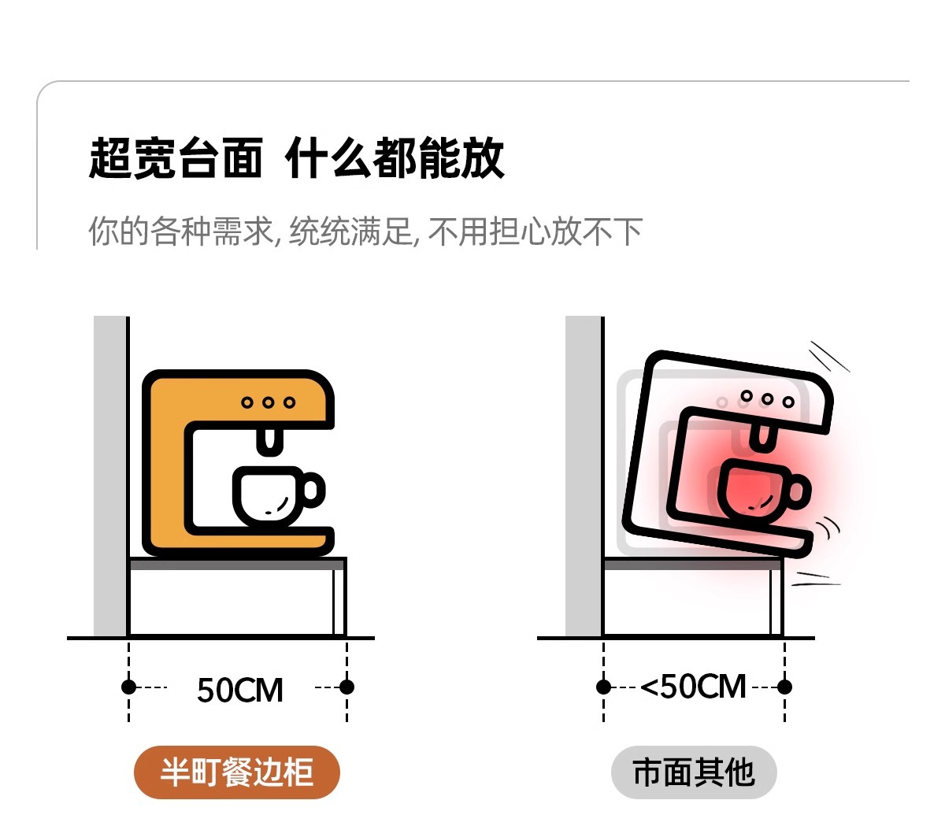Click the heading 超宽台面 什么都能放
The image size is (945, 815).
point(296,158)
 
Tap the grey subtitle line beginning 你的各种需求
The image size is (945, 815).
point(365,232)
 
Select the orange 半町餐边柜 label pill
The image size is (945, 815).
point(236,772)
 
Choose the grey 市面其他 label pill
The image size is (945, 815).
point(694,772)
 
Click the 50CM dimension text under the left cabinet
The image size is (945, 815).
point(239,690)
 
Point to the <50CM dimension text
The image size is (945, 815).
point(693,687)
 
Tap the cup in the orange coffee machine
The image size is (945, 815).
point(268,496)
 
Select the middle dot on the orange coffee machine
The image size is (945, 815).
point(269,402)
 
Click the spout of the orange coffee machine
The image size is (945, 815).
point(269,441)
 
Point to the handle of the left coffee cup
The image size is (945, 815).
point(313,490)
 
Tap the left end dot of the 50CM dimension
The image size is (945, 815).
point(129,687)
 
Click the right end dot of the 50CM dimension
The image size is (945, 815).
point(346,687)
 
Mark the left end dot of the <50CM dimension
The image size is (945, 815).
point(604,687)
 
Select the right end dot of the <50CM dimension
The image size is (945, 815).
point(784,687)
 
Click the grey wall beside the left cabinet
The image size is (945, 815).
point(109,472)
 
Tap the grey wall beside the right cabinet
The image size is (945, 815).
point(583,472)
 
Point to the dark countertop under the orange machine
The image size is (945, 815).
point(236,564)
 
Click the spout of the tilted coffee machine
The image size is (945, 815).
point(761,438)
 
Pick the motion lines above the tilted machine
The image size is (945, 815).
point(828,356)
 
